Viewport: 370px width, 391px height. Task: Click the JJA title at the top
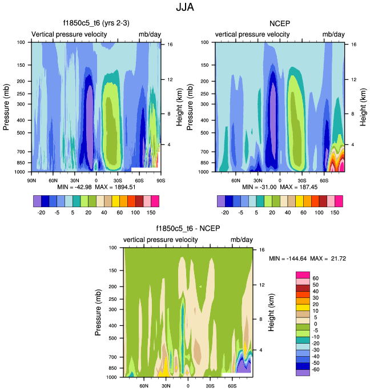tap(184, 8)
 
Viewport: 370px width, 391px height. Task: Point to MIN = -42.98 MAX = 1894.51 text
tap(95, 187)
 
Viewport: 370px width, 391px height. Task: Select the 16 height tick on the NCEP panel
tap(353, 44)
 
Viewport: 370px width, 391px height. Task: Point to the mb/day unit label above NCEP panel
tap(333, 35)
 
